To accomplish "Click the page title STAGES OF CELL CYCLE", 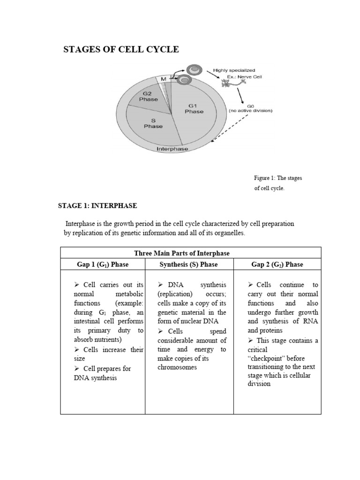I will click(x=121, y=49).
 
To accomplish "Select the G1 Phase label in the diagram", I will click(x=194, y=108).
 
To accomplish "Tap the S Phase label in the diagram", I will click(x=153, y=123).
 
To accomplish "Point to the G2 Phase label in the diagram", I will click(x=149, y=96).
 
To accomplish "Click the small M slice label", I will click(x=164, y=80).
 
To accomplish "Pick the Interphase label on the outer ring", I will click(x=172, y=149).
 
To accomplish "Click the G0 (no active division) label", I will click(x=250, y=109).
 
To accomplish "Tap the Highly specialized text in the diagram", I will click(x=234, y=70).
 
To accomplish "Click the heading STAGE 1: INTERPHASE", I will click(x=97, y=205).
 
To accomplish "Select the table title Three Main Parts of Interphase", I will click(x=182, y=253).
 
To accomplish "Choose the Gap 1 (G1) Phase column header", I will click(x=103, y=264).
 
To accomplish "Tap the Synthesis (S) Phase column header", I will click(x=188, y=264).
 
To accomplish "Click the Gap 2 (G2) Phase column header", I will click(x=277, y=264).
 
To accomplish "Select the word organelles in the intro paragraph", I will click(x=227, y=233).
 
